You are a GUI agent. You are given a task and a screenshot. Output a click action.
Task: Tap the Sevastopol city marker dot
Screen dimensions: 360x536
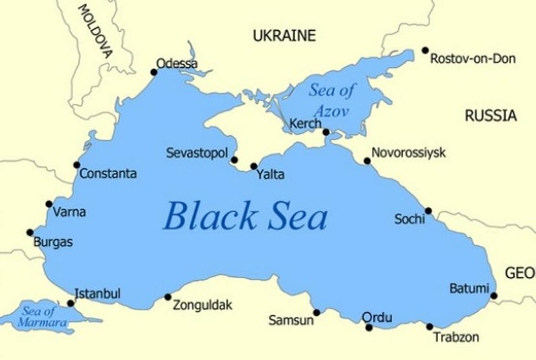[x=234, y=160]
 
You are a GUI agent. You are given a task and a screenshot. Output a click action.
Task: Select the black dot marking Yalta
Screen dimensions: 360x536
[x=254, y=166]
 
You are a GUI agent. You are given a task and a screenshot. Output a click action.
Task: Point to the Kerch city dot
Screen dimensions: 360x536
[x=326, y=132]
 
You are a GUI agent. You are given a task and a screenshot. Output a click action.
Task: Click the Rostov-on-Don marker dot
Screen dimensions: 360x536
[x=425, y=50]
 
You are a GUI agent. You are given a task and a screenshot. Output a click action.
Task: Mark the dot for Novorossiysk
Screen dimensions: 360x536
[x=367, y=161]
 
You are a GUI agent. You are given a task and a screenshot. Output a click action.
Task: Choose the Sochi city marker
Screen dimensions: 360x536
[x=428, y=211]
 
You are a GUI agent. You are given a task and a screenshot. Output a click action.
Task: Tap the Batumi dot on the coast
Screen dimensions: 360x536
[x=494, y=296]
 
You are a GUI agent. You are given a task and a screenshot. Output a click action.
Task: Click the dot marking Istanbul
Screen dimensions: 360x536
[x=71, y=303]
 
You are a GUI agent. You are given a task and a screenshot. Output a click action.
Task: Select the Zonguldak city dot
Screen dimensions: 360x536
[x=167, y=297]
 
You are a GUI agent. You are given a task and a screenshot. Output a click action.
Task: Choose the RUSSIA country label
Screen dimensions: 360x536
[x=490, y=116]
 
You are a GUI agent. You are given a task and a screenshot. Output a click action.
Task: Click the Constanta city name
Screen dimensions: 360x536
[x=108, y=174]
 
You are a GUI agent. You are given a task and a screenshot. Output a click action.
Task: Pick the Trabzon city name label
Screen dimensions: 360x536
[x=456, y=337]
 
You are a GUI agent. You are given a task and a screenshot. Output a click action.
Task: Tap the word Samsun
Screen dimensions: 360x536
[x=291, y=320]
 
